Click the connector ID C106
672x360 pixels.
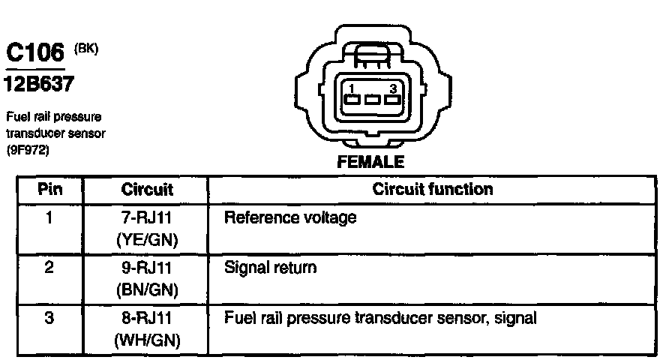pyautogui.click(x=35, y=54)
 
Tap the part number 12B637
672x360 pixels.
pyautogui.click(x=39, y=84)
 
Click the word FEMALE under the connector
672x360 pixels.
pyautogui.click(x=370, y=161)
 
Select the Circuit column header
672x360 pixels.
pyautogui.click(x=147, y=189)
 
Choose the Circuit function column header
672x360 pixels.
pyautogui.click(x=433, y=189)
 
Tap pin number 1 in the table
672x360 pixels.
pyautogui.click(x=48, y=218)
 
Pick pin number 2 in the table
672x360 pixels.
pyautogui.click(x=48, y=268)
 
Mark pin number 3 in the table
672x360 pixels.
pyautogui.click(x=48, y=318)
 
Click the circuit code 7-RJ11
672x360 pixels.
pyautogui.click(x=147, y=218)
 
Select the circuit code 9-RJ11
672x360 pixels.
pyautogui.click(x=147, y=268)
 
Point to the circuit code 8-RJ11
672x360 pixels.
pyautogui.click(x=147, y=318)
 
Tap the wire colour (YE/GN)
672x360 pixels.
pyautogui.click(x=147, y=239)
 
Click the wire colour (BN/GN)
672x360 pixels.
pyautogui.click(x=147, y=289)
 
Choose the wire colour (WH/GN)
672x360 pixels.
pyautogui.click(x=147, y=339)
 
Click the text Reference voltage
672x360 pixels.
pyautogui.click(x=291, y=218)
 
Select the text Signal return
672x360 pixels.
pyautogui.click(x=271, y=268)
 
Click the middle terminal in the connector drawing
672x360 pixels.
pyautogui.click(x=370, y=99)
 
